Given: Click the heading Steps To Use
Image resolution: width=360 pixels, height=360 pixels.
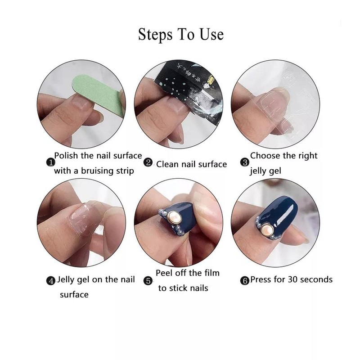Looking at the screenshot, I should tap(180, 34).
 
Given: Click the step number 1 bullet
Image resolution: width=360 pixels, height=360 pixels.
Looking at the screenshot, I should tap(51, 162).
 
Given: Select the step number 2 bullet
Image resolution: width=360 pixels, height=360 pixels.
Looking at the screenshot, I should tap(148, 163).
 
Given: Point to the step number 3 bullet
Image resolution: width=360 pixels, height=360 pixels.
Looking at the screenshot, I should tap(245, 162).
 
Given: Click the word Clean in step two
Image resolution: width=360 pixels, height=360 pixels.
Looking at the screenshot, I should tap(167, 164).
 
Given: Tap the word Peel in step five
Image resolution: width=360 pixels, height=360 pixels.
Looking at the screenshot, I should tap(165, 273).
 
